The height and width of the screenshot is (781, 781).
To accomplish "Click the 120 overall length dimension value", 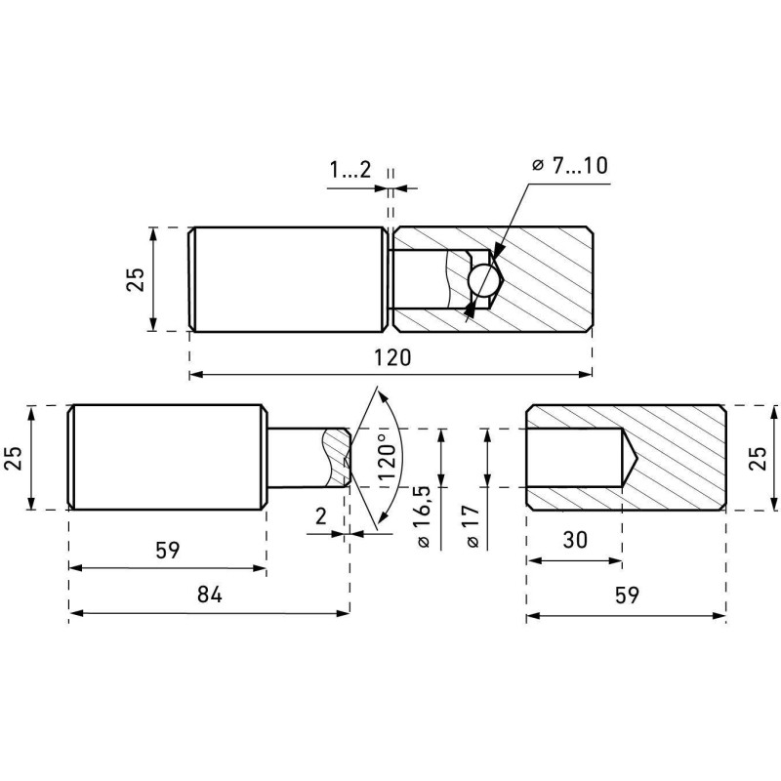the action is [393, 357].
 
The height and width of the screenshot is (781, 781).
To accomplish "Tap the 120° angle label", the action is [388, 457].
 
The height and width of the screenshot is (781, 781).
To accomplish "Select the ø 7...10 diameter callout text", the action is [569, 165].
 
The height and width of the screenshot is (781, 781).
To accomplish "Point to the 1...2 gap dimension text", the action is [349, 170].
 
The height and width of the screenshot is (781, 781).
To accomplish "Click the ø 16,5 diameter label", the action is [424, 516].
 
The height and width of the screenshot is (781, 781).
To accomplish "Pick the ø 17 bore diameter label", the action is [473, 526].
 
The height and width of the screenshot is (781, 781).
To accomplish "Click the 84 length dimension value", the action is [209, 595].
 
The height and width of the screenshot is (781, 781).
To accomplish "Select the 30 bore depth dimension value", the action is [575, 540].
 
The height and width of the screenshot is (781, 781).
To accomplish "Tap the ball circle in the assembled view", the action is [483, 279].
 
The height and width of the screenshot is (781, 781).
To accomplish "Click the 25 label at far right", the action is [759, 458].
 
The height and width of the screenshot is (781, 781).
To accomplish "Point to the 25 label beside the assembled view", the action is [135, 279].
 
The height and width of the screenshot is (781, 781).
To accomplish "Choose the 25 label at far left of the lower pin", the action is [14, 458].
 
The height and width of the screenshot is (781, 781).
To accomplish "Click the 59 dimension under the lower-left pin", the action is [167, 551].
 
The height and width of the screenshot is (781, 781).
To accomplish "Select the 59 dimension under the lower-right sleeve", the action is [627, 595].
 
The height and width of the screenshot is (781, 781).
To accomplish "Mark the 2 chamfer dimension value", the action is [321, 516].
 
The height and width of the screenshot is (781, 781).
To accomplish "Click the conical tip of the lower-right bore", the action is [637, 457].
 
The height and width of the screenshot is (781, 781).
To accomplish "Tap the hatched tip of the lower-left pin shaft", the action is [337, 457].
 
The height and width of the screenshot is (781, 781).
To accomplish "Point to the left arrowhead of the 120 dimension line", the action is [195, 374].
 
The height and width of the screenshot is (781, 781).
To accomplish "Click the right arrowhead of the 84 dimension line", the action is [345, 613].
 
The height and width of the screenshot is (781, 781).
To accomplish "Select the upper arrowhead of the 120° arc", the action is [383, 396].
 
